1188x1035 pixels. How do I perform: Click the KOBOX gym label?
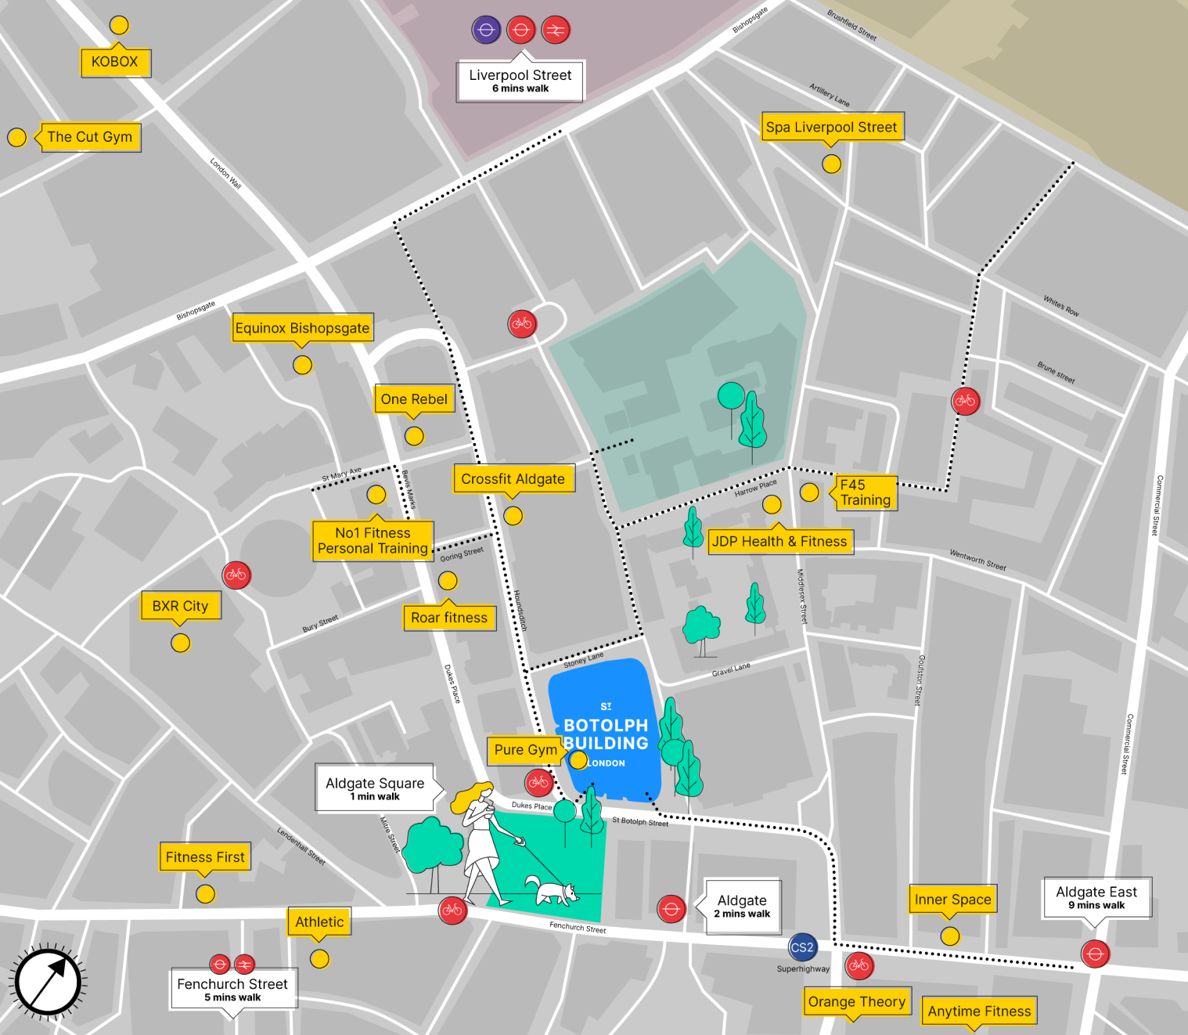tap(115, 62)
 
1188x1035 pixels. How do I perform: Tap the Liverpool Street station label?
tap(520, 81)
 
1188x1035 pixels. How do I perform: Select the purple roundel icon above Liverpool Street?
tap(486, 30)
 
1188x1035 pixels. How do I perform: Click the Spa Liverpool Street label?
tap(831, 127)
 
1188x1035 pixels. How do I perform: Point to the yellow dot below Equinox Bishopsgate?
tap(302, 365)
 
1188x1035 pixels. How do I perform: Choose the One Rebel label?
tap(414, 399)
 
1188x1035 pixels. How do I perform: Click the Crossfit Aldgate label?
tap(513, 479)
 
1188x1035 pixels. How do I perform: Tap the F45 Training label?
tap(865, 492)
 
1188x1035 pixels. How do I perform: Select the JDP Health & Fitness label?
tap(779, 541)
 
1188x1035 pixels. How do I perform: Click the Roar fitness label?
tap(449, 618)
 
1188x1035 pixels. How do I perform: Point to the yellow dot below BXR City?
tap(181, 643)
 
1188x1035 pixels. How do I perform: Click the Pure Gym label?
tap(525, 750)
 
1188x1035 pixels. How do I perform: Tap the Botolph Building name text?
tap(606, 734)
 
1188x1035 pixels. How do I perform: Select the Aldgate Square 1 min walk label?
tap(375, 788)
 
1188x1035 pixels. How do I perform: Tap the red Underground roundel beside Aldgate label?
tap(671, 909)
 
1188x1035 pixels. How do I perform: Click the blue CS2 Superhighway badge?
tap(802, 947)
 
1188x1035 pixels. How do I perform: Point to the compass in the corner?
tap(49, 982)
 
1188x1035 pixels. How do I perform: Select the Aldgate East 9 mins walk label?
tap(1096, 897)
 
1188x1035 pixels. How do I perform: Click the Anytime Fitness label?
tap(979, 1012)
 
